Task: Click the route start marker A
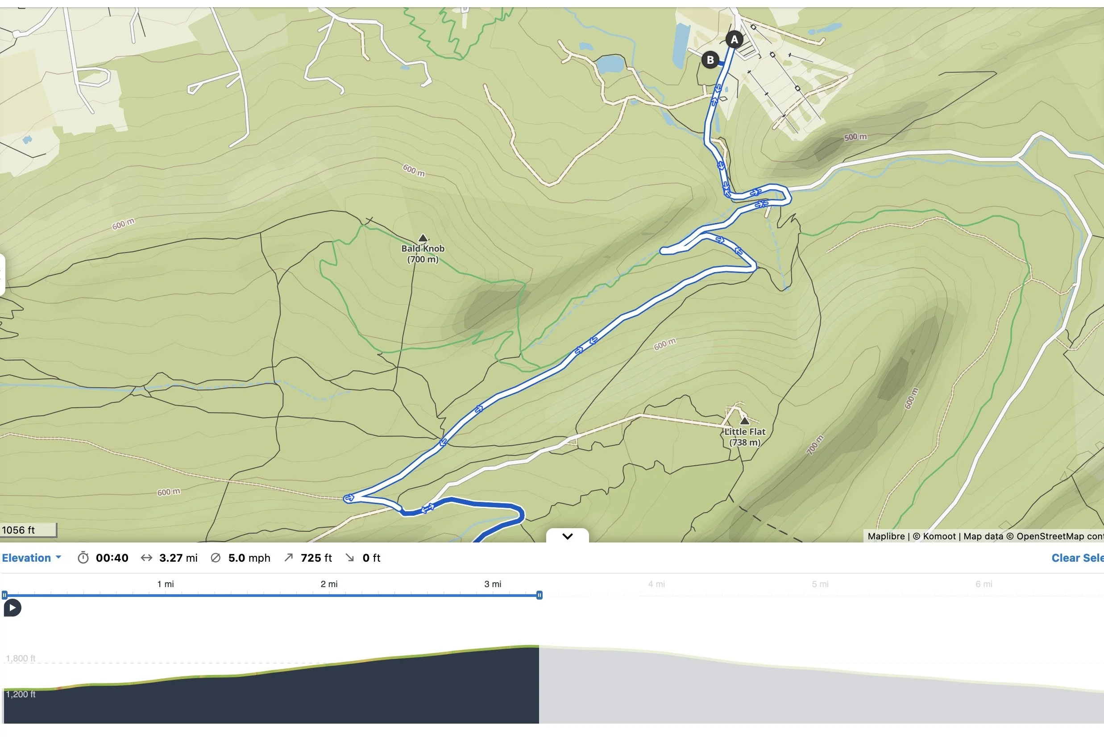click(734, 39)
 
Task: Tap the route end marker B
click(710, 60)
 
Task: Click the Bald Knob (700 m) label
click(423, 254)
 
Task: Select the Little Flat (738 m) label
click(745, 437)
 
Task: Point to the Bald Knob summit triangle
click(423, 238)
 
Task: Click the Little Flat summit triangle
click(744, 420)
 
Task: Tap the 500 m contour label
click(855, 137)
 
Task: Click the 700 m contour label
click(815, 445)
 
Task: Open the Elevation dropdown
click(32, 558)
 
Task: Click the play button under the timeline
click(12, 608)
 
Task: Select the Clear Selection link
click(1077, 558)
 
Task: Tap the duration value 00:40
click(112, 558)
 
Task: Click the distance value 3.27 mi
click(178, 558)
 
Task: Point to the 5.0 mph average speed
click(249, 558)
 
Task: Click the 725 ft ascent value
click(316, 558)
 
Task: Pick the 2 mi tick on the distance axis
click(329, 584)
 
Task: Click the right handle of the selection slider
click(540, 595)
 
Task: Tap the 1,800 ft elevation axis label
click(21, 658)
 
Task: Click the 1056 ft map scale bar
click(28, 530)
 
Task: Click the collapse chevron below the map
click(568, 536)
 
